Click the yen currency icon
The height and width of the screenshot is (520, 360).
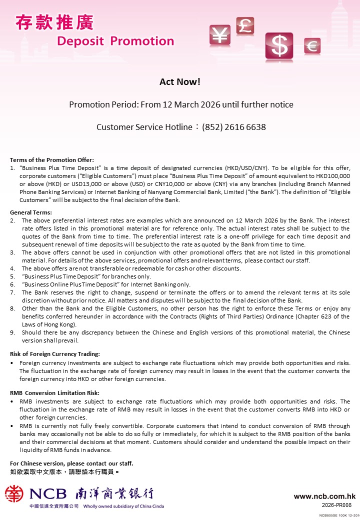(x=219, y=34)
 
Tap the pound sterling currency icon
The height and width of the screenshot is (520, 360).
(x=245, y=25)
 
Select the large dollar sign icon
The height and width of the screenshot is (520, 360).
(x=279, y=46)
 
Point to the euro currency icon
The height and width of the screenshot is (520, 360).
(x=312, y=46)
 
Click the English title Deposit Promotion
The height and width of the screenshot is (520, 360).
(x=115, y=41)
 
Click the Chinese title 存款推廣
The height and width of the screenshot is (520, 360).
(x=54, y=22)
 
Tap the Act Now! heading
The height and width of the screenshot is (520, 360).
(x=180, y=81)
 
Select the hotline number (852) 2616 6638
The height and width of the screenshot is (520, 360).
(x=234, y=127)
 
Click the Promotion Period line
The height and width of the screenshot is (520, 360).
(x=181, y=104)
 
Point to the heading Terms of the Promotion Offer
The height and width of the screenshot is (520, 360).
(x=52, y=160)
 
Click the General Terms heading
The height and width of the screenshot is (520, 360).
(x=30, y=212)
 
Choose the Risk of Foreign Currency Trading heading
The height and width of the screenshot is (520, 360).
(x=55, y=354)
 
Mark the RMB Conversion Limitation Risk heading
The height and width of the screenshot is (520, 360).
(x=55, y=393)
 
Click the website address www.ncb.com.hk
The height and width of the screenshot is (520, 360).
(x=324, y=496)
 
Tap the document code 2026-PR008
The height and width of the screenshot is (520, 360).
(x=339, y=505)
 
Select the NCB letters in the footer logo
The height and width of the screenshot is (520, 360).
(x=48, y=494)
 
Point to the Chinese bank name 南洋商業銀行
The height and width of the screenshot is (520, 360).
(x=114, y=494)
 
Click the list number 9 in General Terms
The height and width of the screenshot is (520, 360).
(x=12, y=332)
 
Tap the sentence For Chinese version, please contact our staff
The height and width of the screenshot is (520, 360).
(x=71, y=463)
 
